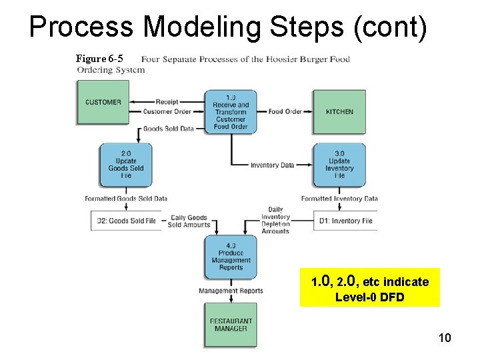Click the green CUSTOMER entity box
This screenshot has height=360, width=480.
103,102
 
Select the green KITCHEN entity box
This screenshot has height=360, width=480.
339,111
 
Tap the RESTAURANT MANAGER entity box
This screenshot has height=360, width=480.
231,325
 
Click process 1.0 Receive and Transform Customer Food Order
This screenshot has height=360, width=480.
231,111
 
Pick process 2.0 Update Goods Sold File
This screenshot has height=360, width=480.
126,165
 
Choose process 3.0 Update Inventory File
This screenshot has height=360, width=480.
339,165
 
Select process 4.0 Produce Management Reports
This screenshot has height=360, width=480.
231,256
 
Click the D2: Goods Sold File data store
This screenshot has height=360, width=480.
127,221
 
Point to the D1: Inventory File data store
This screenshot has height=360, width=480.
345,221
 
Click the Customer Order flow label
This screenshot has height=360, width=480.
167,111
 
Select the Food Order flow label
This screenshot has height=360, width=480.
285,111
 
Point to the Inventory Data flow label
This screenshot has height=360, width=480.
272,165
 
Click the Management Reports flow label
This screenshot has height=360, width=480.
231,291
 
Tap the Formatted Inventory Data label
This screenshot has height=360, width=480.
339,198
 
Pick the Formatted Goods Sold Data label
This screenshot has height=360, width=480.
126,198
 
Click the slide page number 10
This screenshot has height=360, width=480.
445,338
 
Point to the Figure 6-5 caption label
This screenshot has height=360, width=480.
99,59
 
